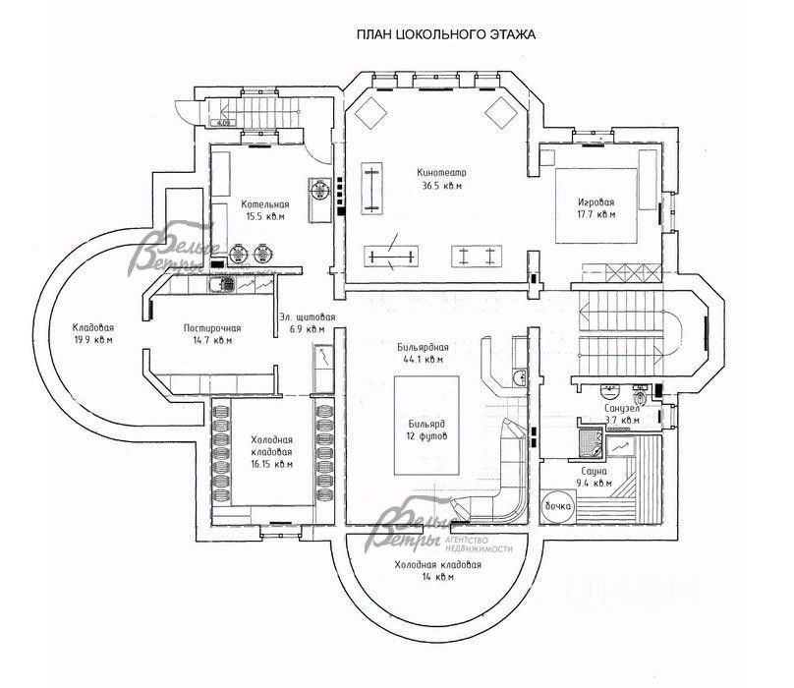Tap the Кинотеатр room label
441,171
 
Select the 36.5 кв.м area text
441,185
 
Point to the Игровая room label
595,200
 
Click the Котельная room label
265,204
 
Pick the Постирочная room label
212,328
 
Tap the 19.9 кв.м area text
93,341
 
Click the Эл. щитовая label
307,316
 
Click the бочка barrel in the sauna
557,505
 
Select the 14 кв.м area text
438,579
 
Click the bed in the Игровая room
596,205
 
